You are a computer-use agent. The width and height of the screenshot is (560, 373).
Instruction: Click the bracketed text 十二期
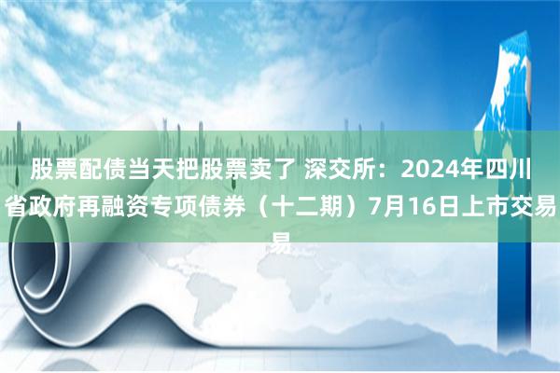(x=309, y=207)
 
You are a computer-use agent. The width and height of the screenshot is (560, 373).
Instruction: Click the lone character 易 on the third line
(x=280, y=242)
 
